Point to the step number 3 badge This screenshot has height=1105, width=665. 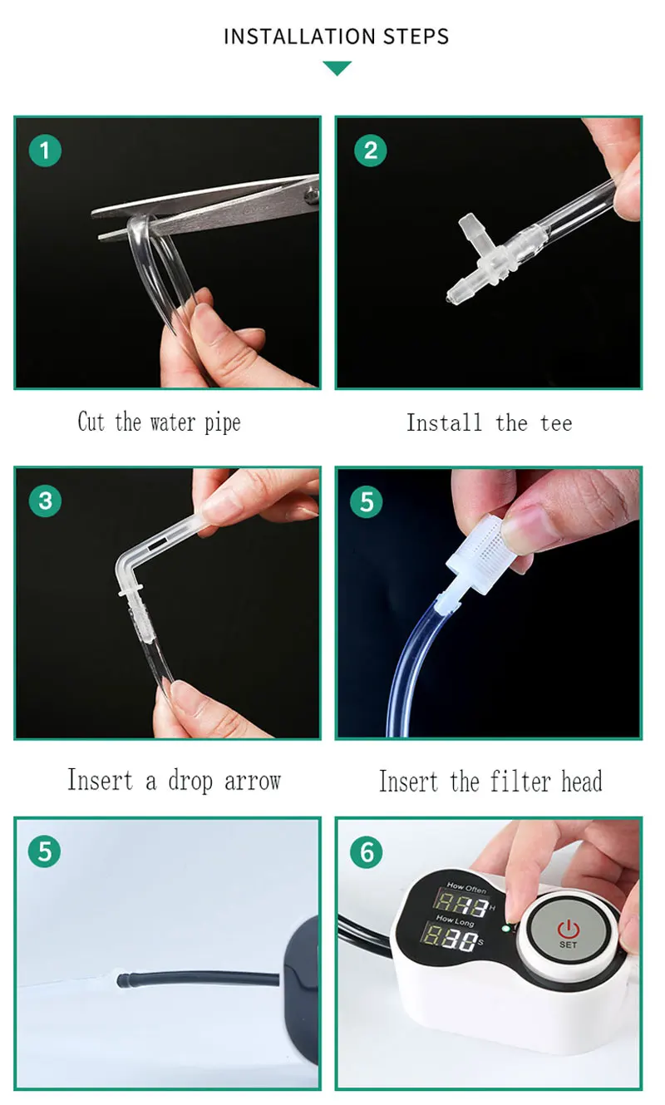coord(45,501)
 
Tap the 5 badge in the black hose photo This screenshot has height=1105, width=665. coord(45,852)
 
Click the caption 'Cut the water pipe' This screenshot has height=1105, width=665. coord(159,422)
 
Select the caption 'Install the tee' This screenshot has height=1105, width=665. coord(489,422)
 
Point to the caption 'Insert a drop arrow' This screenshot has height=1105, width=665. coord(174,781)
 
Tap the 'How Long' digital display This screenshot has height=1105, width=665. coord(453,940)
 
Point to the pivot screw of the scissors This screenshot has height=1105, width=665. coord(311,196)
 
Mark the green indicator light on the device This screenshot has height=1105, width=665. coord(505,928)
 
